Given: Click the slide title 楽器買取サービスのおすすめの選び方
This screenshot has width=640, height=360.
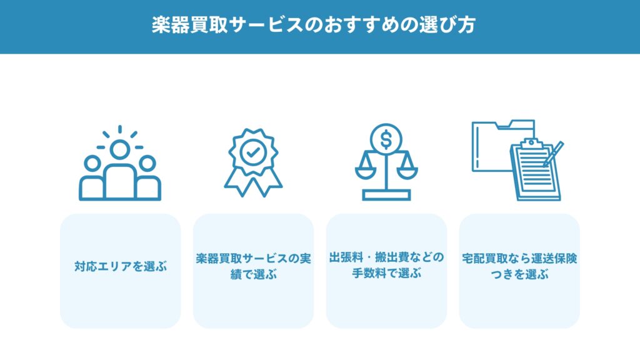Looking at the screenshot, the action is pos(314,25).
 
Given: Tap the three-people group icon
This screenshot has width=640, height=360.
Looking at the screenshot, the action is pos(120,163).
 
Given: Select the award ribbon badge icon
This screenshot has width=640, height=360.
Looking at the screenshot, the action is pos(253,162).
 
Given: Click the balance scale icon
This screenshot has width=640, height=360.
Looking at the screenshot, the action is pos(386,162).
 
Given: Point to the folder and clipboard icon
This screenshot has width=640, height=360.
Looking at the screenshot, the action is pos(517,160).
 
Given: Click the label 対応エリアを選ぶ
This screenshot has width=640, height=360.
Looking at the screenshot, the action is pos(121,266).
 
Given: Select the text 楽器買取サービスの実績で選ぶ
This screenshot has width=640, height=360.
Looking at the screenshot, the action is pos(253,266).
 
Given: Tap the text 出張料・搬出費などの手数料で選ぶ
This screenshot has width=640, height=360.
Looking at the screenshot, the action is pos(386,265).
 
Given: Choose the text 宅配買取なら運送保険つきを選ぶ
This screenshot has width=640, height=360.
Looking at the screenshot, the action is pos(519,266).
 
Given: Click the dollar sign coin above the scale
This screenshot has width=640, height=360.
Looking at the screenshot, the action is pos(386,139).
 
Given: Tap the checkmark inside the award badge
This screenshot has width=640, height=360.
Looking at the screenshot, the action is pos(253,152).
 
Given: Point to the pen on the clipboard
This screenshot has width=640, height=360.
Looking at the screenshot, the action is pos(554,154).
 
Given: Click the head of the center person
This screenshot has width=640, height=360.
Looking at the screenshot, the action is pos(120,149).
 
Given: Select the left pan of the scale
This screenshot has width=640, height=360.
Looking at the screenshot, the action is pos(366,172).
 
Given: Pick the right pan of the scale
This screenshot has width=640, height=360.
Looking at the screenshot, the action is pos(407,172).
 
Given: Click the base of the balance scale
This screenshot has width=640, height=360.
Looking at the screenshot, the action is pos(386,195).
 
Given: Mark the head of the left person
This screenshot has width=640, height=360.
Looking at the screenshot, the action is pos(92,164).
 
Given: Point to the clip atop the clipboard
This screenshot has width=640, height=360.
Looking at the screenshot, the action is pos(531,143).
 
